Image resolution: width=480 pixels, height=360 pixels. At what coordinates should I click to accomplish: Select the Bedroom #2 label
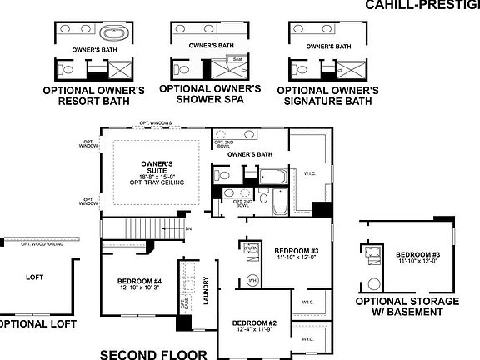tap(254, 322)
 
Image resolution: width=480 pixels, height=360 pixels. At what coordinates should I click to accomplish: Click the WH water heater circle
tap(252, 280)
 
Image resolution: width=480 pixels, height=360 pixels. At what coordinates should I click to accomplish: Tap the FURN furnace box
tap(252, 249)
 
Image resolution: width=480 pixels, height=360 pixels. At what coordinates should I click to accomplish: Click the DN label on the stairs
tap(189, 227)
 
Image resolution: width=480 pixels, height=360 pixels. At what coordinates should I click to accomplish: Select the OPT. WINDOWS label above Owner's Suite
tap(155, 123)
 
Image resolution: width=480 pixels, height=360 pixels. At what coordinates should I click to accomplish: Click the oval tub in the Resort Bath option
tap(112, 34)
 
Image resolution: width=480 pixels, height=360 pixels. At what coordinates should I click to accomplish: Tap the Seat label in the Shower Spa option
tap(237, 60)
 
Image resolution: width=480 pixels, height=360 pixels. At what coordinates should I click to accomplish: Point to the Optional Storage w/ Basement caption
tap(407, 307)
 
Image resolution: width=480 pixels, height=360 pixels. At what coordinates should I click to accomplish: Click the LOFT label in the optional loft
tap(34, 277)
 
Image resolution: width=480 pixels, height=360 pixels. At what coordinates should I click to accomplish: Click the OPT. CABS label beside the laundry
tap(184, 307)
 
